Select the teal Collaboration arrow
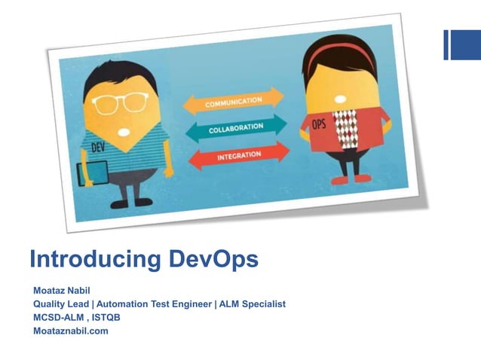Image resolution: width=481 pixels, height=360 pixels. point(235,128)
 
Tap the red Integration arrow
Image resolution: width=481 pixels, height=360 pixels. point(237,155)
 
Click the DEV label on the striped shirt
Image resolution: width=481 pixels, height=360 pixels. point(98,148)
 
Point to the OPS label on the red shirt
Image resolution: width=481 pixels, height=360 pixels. point(319,124)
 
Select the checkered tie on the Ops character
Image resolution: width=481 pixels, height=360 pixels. point(345,129)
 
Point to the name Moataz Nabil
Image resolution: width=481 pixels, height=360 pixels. point(63,291)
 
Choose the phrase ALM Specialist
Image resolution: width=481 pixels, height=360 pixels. point(253,304)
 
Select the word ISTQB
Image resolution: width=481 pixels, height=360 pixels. point(106,317)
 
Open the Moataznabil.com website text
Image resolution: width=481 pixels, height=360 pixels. point(71,331)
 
